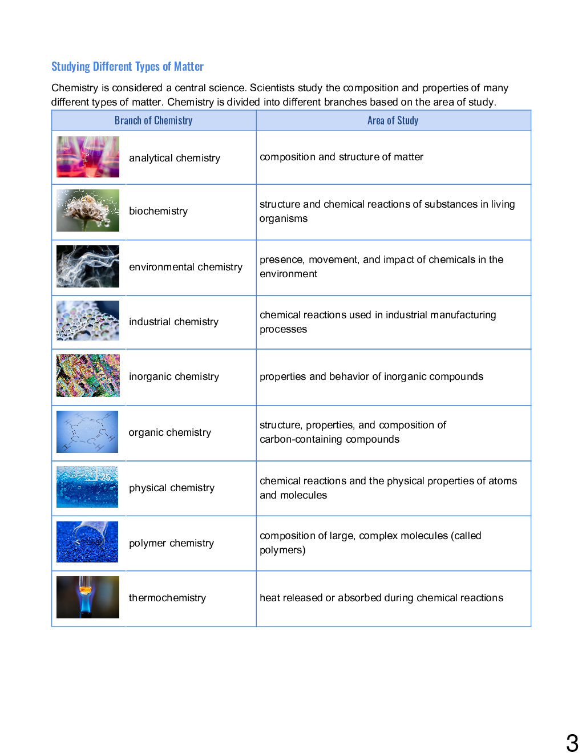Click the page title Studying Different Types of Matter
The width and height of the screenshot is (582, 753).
pyautogui.click(x=127, y=67)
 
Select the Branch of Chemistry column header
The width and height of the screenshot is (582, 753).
pyautogui.click(x=153, y=120)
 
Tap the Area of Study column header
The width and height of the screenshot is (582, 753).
pyautogui.click(x=393, y=120)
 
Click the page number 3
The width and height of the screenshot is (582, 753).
pyautogui.click(x=572, y=743)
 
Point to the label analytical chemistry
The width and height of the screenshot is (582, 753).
pyautogui.click(x=174, y=158)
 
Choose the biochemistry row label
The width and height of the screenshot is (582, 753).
pyautogui.click(x=158, y=211)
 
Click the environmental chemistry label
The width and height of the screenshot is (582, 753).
pyautogui.click(x=185, y=267)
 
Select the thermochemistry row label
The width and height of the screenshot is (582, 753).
pyautogui.click(x=167, y=598)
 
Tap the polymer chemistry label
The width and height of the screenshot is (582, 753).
pyautogui.click(x=171, y=543)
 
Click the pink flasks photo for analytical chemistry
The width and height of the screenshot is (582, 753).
pyautogui.click(x=88, y=157)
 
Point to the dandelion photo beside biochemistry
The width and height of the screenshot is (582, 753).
pyautogui.click(x=88, y=210)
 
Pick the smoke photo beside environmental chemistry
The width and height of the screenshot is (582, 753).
pyautogui.click(x=88, y=266)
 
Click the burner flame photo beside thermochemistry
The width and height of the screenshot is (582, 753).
pyautogui.click(x=88, y=597)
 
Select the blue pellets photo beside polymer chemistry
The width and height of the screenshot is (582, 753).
pyautogui.click(x=87, y=542)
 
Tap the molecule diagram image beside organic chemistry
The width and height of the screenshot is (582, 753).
pyautogui.click(x=87, y=432)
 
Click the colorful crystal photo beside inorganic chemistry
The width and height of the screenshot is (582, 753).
pyautogui.click(x=88, y=376)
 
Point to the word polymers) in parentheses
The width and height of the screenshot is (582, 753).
pyautogui.click(x=282, y=550)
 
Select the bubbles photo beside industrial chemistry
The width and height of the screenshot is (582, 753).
pyautogui.click(x=88, y=321)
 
